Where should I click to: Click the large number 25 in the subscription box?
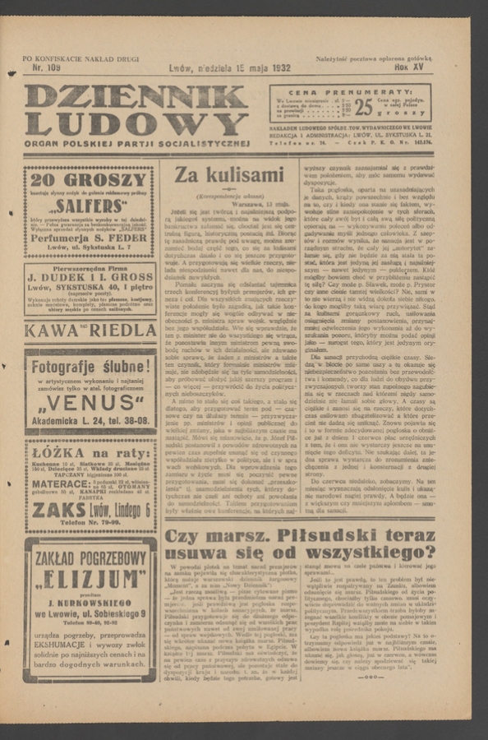point(363,107)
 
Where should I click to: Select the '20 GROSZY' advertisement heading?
point(90,181)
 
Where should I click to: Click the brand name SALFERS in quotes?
point(90,208)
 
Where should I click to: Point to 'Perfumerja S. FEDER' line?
point(90,238)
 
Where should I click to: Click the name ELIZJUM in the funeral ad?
point(90,580)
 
